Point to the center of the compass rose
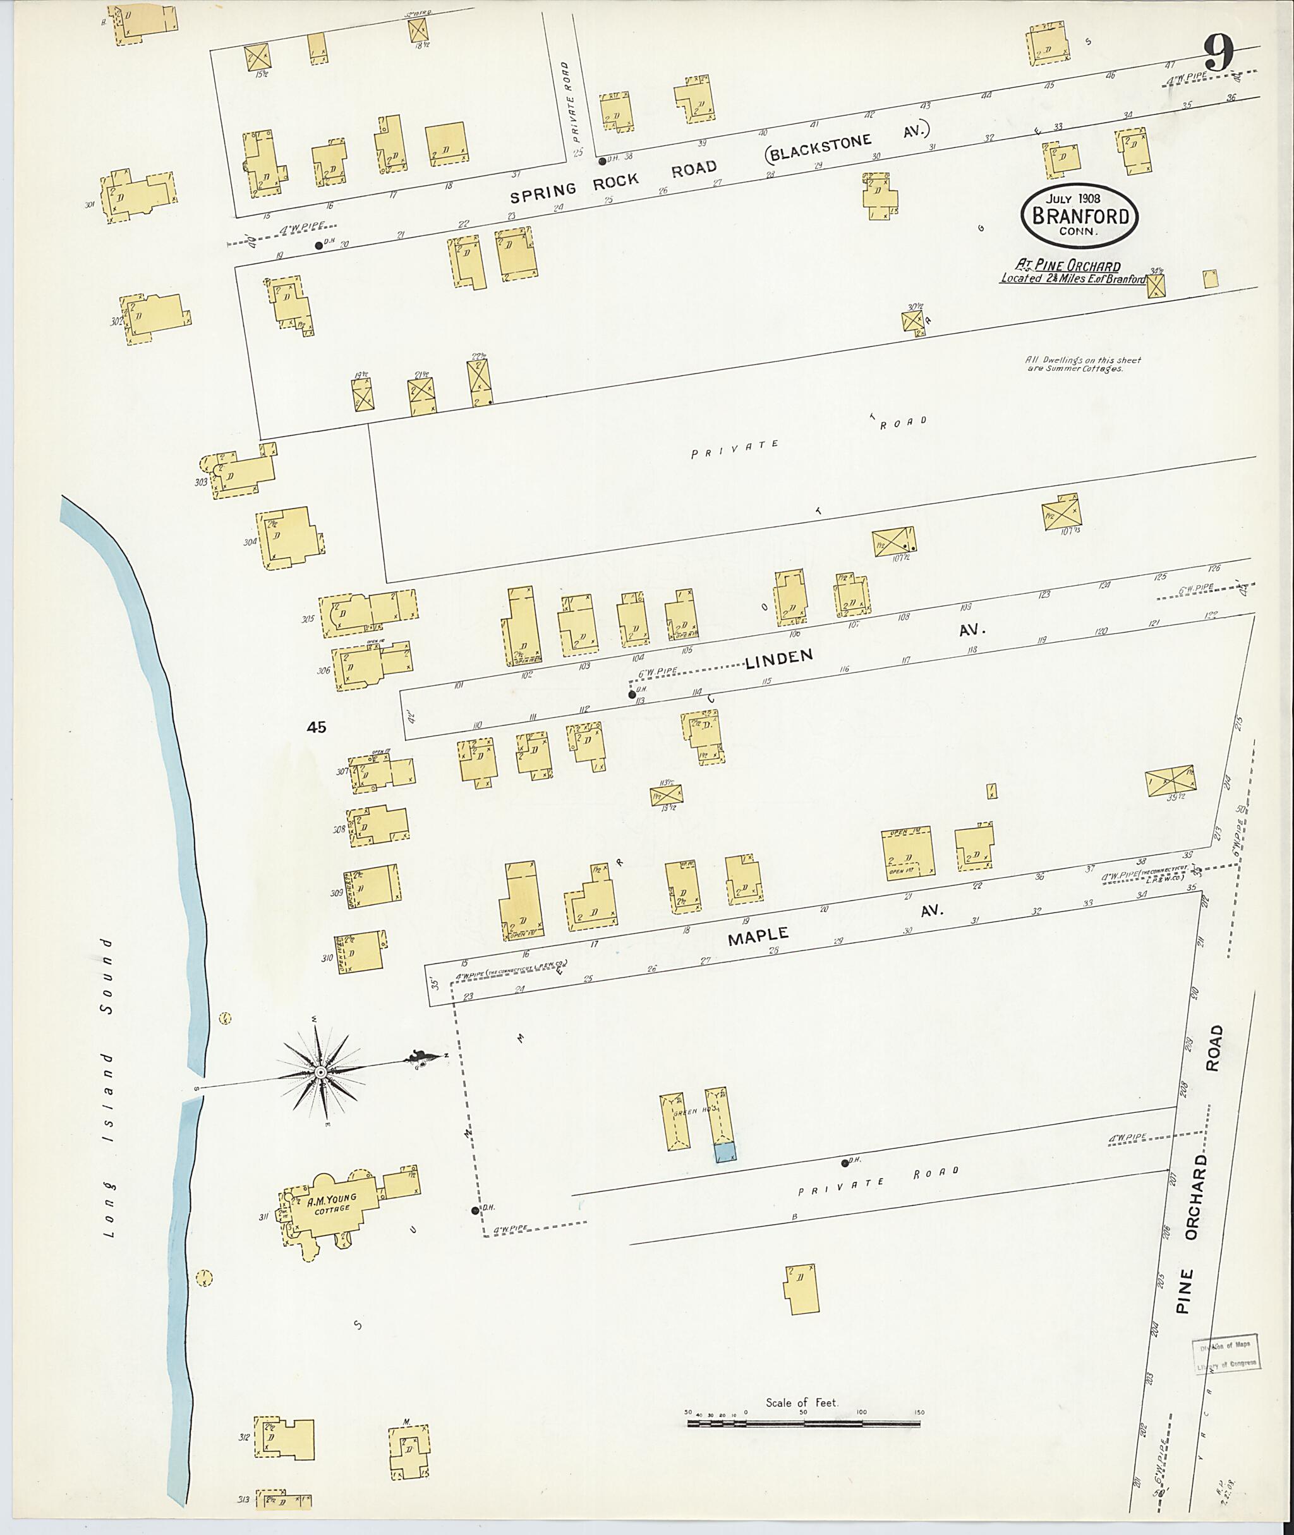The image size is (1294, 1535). coord(320,1073)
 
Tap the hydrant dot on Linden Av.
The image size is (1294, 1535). coord(632,693)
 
